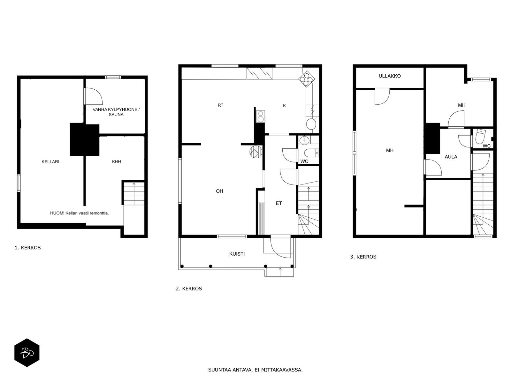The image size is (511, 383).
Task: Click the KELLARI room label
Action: tap(50, 161)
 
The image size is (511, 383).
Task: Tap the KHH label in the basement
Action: tap(116, 161)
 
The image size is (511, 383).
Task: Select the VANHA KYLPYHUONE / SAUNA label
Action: tap(116, 112)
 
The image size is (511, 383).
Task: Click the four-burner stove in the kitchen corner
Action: tap(307, 79)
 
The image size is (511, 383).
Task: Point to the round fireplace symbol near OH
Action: tap(256, 152)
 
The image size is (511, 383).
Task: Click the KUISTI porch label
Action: tap(237, 254)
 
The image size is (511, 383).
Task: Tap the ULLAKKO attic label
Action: tap(390, 76)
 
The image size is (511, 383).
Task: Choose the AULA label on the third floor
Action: tap(451, 157)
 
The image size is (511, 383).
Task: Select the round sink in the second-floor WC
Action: tap(304, 140)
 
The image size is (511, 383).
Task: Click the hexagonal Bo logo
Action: tap(27, 353)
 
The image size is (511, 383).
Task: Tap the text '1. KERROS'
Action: tap(28, 248)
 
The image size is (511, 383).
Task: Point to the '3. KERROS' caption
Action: tap(363, 257)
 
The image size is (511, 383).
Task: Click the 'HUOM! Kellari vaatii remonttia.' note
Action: tap(80, 213)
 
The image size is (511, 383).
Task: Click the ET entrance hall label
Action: tap(279, 203)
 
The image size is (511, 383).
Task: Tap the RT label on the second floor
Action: tap(220, 105)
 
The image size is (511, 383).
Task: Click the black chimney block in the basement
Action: tap(85, 139)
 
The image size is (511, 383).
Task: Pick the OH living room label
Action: tap(219, 191)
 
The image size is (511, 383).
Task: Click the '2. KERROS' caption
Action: tap(189, 289)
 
